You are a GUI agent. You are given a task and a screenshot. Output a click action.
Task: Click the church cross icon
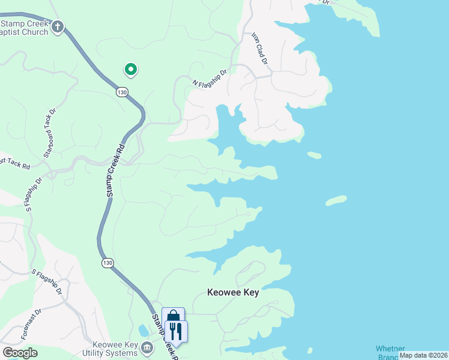[x=58, y=26]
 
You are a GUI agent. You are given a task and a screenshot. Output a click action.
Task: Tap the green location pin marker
[x=130, y=70]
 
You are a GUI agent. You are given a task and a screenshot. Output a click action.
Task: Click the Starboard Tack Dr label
[x=49, y=133]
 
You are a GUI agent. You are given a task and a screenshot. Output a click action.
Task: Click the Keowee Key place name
[x=233, y=293]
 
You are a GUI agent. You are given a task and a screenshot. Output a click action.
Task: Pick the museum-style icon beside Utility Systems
[x=146, y=347]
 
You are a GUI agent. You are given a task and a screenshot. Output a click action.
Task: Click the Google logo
[x=20, y=353]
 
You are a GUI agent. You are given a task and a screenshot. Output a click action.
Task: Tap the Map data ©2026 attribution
[x=423, y=355]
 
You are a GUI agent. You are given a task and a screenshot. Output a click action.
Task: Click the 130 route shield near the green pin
[x=122, y=92]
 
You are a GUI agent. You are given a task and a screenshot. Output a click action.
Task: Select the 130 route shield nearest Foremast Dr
[x=107, y=263]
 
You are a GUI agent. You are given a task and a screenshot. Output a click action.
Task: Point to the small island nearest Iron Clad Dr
[x=315, y=155]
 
